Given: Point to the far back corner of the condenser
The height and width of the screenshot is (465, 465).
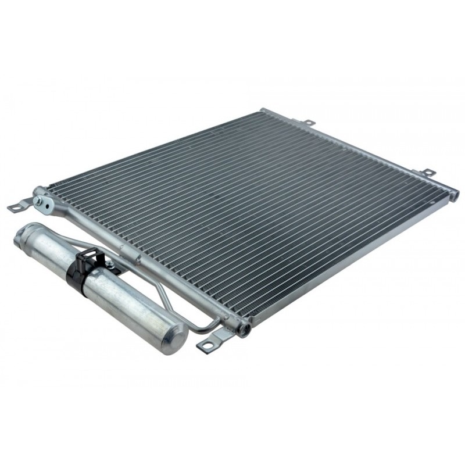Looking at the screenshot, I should tap(264, 110).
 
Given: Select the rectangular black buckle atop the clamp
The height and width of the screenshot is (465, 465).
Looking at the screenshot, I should tap(88, 255).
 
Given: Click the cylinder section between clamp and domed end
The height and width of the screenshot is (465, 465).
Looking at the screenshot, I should tap(131, 308).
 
